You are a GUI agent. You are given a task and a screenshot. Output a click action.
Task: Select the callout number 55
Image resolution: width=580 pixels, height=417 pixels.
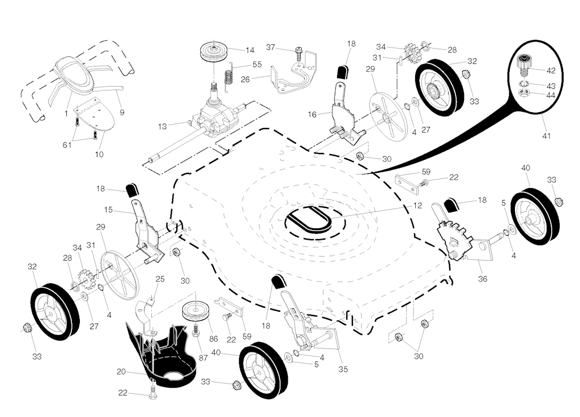pyautogui.click(x=257, y=65)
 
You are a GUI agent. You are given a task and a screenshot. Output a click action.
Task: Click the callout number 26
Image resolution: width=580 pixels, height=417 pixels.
pyautogui.click(x=245, y=79)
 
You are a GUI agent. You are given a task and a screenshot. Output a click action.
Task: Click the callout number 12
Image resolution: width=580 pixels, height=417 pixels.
pyautogui.click(x=417, y=206)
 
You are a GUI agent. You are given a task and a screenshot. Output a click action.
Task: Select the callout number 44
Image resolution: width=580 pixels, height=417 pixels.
pyautogui.click(x=551, y=96)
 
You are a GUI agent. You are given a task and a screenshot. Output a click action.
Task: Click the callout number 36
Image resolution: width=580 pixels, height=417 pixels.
pyautogui.click(x=483, y=278)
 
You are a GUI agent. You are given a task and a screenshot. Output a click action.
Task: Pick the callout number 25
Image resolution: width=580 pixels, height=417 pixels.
pyautogui.click(x=160, y=279)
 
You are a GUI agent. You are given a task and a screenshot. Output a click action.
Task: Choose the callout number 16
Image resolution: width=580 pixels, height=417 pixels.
pyautogui.click(x=312, y=114)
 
